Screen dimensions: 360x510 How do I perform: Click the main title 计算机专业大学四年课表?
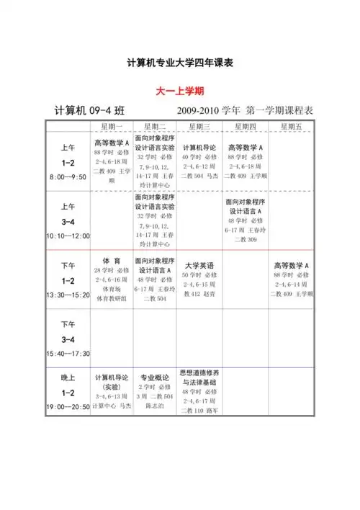pos(180,63)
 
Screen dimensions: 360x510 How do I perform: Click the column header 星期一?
pos(111,126)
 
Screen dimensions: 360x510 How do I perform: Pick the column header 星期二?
pos(155,126)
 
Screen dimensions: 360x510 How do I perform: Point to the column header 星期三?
pos(199,126)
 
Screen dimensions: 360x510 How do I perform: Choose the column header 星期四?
pos(245,126)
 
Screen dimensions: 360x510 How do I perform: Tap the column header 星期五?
pos(291,126)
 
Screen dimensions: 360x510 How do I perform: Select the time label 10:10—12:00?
pos(68,236)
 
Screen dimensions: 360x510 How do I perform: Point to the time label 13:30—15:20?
pos(68,295)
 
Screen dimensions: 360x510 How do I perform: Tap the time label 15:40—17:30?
pos(68,354)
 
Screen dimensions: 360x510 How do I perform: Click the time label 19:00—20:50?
pos(68,407)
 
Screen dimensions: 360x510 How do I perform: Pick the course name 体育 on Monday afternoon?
pos(111,261)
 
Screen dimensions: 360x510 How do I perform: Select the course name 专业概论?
pos(155,377)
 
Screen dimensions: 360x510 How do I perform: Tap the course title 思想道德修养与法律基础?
pos(199,377)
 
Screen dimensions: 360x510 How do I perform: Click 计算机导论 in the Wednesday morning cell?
pos(199,147)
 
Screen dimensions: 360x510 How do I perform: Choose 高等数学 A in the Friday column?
pos(291,265)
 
